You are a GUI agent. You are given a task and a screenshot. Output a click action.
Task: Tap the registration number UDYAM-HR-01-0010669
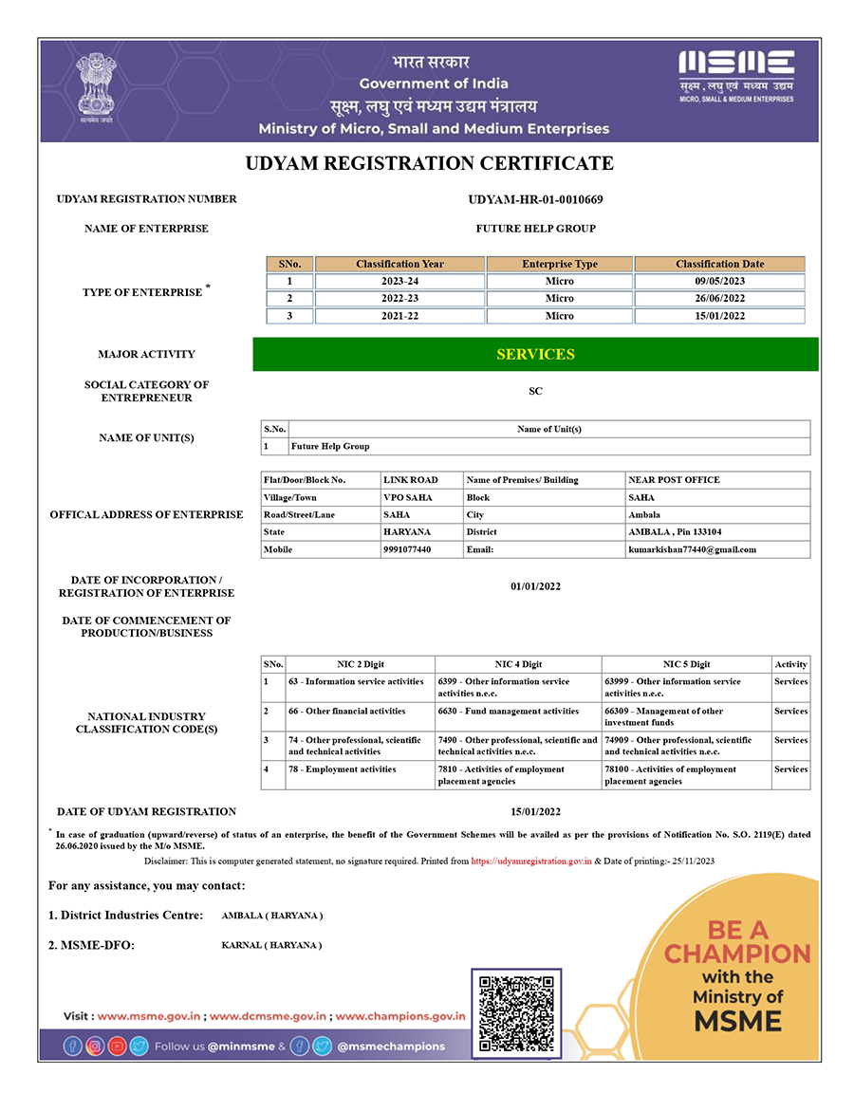point(535,199)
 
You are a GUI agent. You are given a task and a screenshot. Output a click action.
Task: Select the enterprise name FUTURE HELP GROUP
point(535,229)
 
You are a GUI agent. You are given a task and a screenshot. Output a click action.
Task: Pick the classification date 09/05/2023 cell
point(719,281)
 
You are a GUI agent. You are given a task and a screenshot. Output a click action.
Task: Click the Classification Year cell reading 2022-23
point(399,298)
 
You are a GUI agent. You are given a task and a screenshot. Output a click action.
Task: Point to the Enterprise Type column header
point(560,264)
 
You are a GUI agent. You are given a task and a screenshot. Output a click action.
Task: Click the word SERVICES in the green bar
point(535,354)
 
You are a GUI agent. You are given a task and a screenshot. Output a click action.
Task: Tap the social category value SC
point(535,391)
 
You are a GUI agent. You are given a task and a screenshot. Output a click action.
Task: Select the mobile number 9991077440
point(407,549)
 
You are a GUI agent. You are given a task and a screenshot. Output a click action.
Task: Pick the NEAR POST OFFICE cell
point(674,480)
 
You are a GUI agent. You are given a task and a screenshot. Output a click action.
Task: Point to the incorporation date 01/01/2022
point(535,586)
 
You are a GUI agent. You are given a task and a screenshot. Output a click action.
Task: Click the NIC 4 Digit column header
point(518,664)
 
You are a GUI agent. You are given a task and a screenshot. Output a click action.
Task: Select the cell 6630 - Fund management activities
point(508,711)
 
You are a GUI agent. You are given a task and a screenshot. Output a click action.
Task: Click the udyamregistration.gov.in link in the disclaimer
point(531,861)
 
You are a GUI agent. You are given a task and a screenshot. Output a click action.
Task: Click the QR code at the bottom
point(516,1012)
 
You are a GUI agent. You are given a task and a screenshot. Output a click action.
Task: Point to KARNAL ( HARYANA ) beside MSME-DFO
point(271,945)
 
